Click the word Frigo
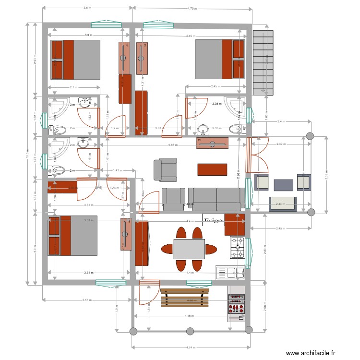[x=214, y=220]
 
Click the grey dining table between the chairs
[x=189, y=249]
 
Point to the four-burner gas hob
[x=237, y=248]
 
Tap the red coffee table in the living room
[x=212, y=169]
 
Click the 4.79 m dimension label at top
[x=192, y=8]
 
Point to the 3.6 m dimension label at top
[x=87, y=8]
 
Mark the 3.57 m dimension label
[x=87, y=300]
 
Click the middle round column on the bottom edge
[x=190, y=331]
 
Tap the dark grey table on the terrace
[x=283, y=185]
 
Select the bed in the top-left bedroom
[x=76, y=60]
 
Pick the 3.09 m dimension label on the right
[x=326, y=176]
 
